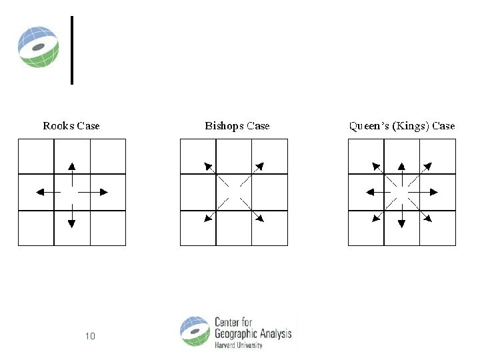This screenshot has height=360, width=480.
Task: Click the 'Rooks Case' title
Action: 71,126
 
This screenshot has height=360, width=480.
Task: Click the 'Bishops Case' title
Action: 237,126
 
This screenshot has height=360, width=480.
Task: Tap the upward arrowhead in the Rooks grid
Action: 72,165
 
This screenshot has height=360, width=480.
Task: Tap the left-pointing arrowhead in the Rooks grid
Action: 39,192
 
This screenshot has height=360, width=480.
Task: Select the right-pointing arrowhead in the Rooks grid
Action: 104,192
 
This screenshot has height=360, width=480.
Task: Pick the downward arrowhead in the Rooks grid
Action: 72,223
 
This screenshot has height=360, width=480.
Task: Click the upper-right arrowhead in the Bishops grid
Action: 259,165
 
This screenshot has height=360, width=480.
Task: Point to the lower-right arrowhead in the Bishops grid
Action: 260,217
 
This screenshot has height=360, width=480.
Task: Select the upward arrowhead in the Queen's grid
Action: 401,165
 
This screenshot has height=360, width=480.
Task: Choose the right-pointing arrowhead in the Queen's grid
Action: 434,192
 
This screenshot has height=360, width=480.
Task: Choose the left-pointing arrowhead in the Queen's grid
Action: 369,192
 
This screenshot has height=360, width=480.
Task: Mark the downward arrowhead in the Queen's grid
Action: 401,223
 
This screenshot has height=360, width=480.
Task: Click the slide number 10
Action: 90,336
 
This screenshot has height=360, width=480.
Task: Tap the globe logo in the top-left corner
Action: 38,47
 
